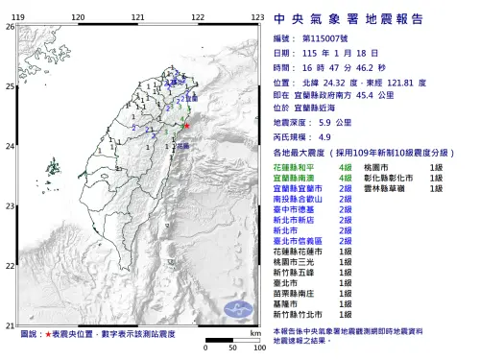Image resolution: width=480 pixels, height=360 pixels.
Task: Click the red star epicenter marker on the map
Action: point(187,126)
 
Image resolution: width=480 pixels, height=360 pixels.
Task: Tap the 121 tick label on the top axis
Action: point(139,18)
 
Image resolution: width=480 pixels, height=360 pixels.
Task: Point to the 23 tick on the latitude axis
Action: point(10,207)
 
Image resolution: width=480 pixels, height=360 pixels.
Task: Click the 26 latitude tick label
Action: point(10,27)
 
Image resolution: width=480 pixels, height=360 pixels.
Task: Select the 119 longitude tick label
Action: point(23,18)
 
